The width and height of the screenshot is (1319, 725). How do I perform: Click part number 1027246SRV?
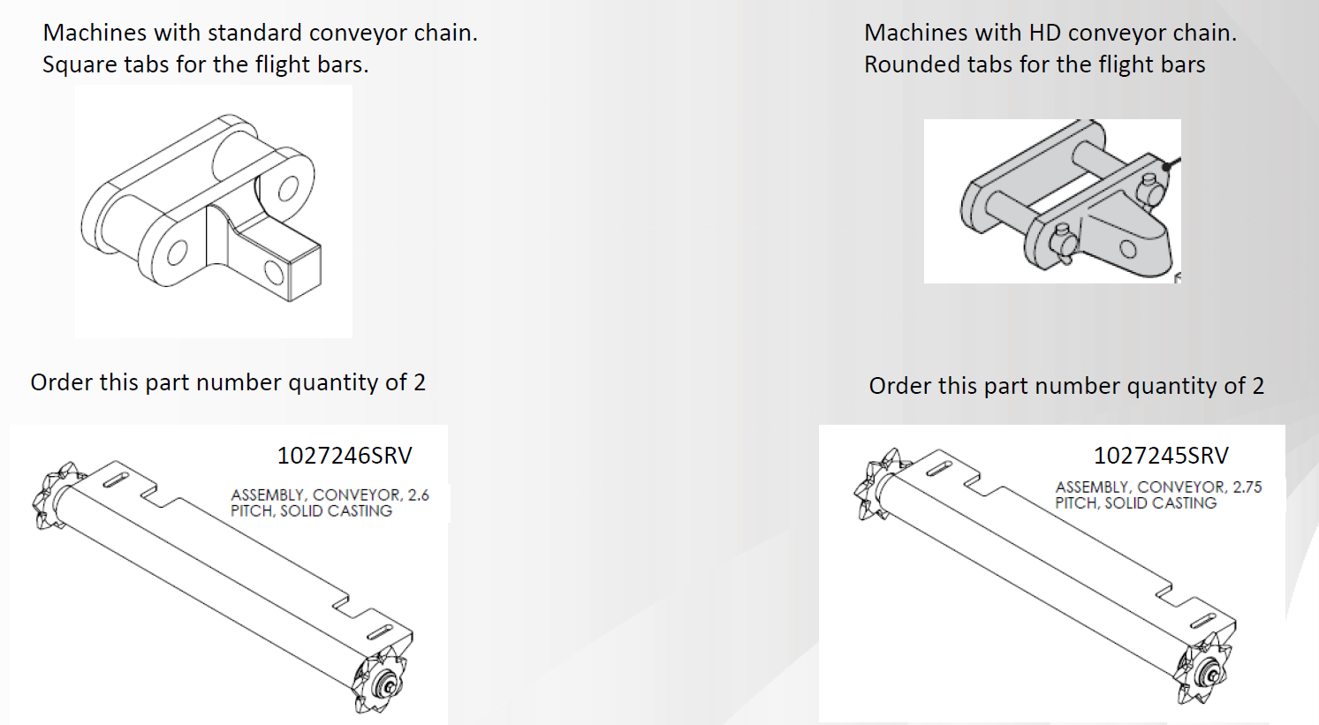[x=345, y=456]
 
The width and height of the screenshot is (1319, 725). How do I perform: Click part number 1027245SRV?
[x=1161, y=456]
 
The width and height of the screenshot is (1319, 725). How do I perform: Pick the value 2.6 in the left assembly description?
[x=418, y=495]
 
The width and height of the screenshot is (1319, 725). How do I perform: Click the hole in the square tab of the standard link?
[x=274, y=272]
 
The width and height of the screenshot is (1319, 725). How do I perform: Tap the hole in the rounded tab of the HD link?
[x=1128, y=250]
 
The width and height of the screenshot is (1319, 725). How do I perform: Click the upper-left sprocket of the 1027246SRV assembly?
[x=57, y=495]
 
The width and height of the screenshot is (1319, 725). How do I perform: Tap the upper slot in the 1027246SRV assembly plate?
[x=116, y=480]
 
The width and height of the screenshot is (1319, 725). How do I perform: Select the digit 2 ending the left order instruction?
[x=420, y=383]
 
